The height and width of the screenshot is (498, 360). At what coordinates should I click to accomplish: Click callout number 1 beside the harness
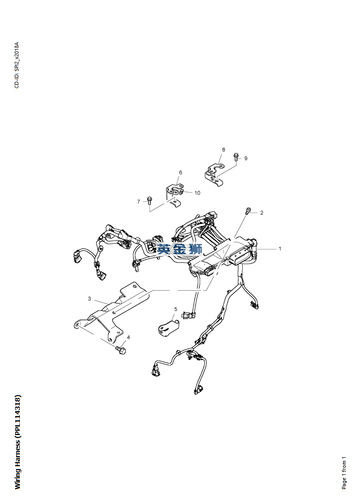click(x=280, y=249)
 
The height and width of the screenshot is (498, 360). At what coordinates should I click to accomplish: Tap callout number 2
click(x=262, y=213)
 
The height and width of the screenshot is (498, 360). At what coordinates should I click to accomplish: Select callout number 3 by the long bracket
click(x=89, y=299)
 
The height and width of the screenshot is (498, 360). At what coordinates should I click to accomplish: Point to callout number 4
click(x=128, y=338)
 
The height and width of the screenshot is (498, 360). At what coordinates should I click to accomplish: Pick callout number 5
click(x=176, y=309)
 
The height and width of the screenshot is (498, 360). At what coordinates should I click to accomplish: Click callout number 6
click(x=181, y=172)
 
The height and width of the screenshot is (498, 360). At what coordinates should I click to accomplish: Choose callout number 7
click(x=139, y=202)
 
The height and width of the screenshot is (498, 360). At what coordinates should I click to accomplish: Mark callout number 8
click(x=223, y=149)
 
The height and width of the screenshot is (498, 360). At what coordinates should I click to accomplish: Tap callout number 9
click(x=246, y=158)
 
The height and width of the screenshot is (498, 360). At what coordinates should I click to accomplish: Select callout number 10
click(x=197, y=193)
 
